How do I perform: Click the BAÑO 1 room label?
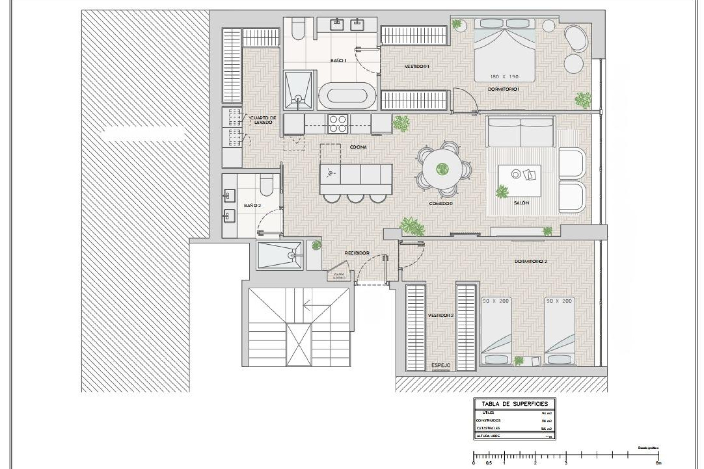[338, 60]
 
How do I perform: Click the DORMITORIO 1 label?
[503, 89]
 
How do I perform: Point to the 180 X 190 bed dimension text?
[504, 77]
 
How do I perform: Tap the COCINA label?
[358, 147]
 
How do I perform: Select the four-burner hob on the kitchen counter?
[338, 123]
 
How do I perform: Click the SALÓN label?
[521, 203]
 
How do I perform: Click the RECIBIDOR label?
[356, 253]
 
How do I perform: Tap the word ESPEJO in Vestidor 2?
[441, 365]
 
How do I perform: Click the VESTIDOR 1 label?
[417, 67]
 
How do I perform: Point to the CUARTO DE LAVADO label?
[263, 120]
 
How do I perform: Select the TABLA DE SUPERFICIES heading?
[514, 404]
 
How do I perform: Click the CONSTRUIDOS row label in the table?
[488, 421]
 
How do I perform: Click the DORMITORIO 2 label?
[531, 262]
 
